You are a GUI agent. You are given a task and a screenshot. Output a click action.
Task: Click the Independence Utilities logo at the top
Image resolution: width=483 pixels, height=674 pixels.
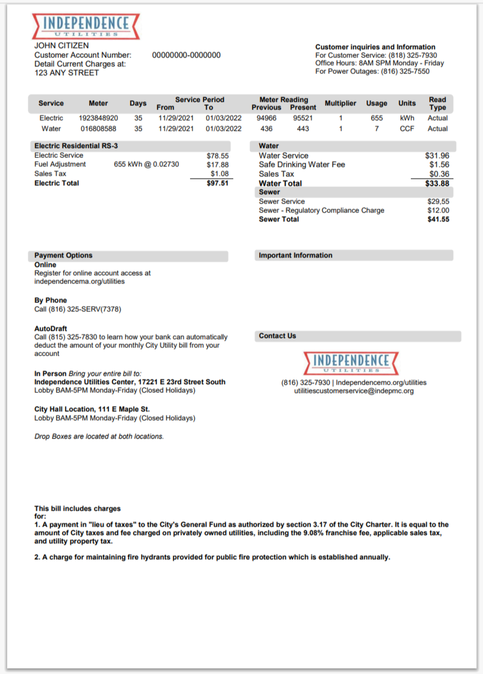(x=88, y=25)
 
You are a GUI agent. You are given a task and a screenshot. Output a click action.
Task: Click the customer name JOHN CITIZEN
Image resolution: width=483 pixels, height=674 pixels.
(x=62, y=46)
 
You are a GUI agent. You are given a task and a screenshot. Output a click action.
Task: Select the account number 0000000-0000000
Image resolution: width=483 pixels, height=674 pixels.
(x=186, y=55)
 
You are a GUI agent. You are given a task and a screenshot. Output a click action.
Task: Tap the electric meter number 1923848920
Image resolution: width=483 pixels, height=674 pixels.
(x=98, y=118)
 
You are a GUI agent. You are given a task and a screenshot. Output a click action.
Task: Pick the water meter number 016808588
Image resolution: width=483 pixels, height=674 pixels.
(x=98, y=128)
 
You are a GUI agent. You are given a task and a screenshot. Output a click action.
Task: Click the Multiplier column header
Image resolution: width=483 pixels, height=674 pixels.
(x=340, y=104)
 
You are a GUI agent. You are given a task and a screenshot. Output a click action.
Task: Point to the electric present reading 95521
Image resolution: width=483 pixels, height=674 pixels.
(x=303, y=118)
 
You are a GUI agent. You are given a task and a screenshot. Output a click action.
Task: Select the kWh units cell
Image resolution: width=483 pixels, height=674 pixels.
(x=407, y=118)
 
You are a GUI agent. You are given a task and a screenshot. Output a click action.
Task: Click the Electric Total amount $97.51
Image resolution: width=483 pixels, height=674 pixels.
(x=217, y=183)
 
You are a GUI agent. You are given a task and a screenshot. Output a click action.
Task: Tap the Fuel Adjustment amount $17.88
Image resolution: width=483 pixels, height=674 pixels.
(x=217, y=165)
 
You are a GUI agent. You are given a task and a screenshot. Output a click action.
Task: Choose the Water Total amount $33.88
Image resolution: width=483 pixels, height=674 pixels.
(x=437, y=183)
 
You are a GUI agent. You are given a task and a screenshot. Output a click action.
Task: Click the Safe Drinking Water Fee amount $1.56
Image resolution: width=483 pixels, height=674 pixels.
(x=439, y=165)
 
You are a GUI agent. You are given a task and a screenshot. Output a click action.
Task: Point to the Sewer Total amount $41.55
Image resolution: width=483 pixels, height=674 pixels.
(x=438, y=220)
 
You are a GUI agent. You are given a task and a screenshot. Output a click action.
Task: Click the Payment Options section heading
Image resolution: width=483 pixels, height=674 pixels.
(x=63, y=256)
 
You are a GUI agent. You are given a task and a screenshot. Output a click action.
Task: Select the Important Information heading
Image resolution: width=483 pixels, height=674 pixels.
(x=295, y=256)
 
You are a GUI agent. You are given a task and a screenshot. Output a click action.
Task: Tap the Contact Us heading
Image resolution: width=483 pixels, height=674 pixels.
(x=277, y=336)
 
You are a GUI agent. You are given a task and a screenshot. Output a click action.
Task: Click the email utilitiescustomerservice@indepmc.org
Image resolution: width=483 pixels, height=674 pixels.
(x=353, y=391)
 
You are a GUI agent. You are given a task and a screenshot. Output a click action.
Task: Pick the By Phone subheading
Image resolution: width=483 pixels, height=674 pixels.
(x=51, y=301)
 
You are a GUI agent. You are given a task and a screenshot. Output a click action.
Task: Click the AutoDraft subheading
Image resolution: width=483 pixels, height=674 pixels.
(x=51, y=328)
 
